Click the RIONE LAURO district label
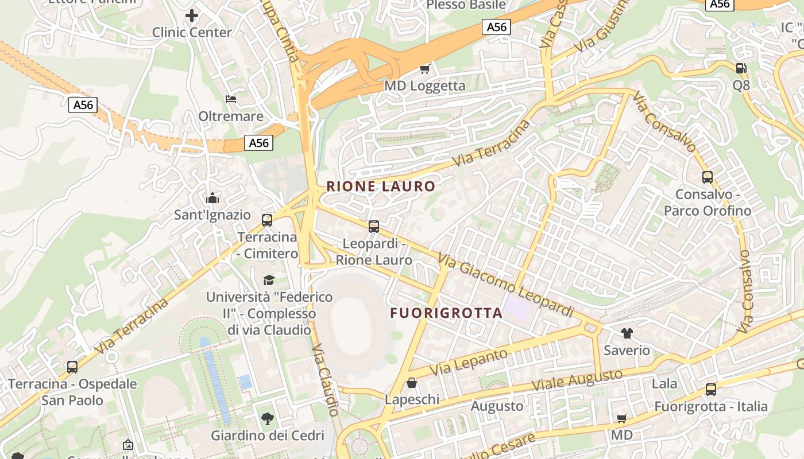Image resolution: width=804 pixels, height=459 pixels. pyautogui.click(x=381, y=186)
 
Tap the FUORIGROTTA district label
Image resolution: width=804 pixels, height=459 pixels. pyautogui.click(x=446, y=313)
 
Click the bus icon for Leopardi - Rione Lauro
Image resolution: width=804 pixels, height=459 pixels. pyautogui.click(x=374, y=227)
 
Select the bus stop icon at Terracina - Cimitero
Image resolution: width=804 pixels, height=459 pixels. pyautogui.click(x=267, y=220)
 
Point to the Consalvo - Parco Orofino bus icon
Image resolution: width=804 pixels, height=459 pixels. pyautogui.click(x=708, y=177)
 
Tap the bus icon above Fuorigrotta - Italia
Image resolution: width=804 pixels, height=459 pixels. pyautogui.click(x=711, y=390)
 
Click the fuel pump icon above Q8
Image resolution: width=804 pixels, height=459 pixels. pyautogui.click(x=741, y=68)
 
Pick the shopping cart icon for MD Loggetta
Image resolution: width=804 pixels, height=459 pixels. pyautogui.click(x=424, y=69)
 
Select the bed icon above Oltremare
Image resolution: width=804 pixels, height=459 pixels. pyautogui.click(x=231, y=99)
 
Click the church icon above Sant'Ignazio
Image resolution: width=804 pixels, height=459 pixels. pyautogui.click(x=212, y=199)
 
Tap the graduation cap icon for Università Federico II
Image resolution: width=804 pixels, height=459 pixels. pyautogui.click(x=269, y=280)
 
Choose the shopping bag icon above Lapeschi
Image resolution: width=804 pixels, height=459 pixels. pyautogui.click(x=412, y=383)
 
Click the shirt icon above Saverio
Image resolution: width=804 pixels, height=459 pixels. pyautogui.click(x=627, y=333)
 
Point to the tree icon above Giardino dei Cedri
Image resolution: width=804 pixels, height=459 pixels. pyautogui.click(x=268, y=418)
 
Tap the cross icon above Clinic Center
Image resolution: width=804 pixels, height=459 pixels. pyautogui.click(x=192, y=15)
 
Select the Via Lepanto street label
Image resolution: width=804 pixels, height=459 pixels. pyautogui.click(x=469, y=362)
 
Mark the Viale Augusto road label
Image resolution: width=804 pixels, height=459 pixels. pyautogui.click(x=577, y=380)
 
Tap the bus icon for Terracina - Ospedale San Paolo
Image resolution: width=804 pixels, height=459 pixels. pyautogui.click(x=72, y=367)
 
